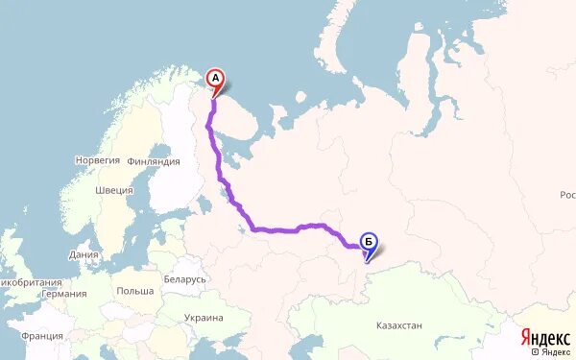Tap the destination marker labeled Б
click(369, 242)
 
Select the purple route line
click(278, 229)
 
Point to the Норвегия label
click(97, 160)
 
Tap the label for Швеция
click(114, 190)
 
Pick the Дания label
click(84, 255)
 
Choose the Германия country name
click(65, 294)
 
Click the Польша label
click(134, 290)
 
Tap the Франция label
click(42, 336)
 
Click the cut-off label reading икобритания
click(32, 282)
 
